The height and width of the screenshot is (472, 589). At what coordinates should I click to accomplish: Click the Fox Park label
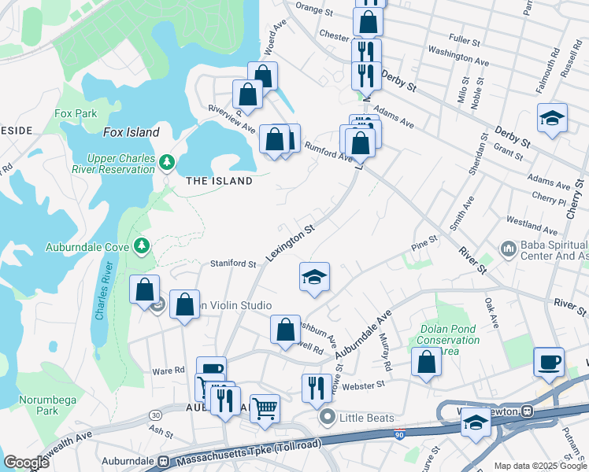click(x=76, y=114)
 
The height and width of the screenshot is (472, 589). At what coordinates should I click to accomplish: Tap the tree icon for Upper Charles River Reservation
click(x=166, y=162)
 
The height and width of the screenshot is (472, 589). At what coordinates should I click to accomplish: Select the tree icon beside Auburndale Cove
click(x=142, y=246)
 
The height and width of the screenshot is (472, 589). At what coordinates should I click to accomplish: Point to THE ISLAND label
click(x=219, y=181)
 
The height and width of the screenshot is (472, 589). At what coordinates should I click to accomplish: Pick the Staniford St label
click(x=233, y=264)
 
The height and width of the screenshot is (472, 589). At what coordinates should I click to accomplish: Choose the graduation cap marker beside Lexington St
click(x=314, y=277)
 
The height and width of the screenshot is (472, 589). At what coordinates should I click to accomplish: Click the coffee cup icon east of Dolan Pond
click(x=549, y=362)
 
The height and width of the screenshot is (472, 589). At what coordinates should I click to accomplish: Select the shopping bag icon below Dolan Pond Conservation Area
click(x=426, y=362)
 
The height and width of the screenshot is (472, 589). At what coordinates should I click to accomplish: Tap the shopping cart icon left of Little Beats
click(x=265, y=407)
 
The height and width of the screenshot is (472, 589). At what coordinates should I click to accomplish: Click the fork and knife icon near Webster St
click(x=317, y=388)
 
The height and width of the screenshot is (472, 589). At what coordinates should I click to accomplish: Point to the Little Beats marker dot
click(x=327, y=418)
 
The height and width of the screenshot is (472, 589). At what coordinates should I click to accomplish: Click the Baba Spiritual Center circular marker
click(x=508, y=250)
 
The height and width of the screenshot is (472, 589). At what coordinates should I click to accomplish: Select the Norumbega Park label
click(x=48, y=405)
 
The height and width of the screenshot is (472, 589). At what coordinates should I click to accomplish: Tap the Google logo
click(x=27, y=463)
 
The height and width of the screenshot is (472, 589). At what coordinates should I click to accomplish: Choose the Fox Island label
click(x=131, y=132)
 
